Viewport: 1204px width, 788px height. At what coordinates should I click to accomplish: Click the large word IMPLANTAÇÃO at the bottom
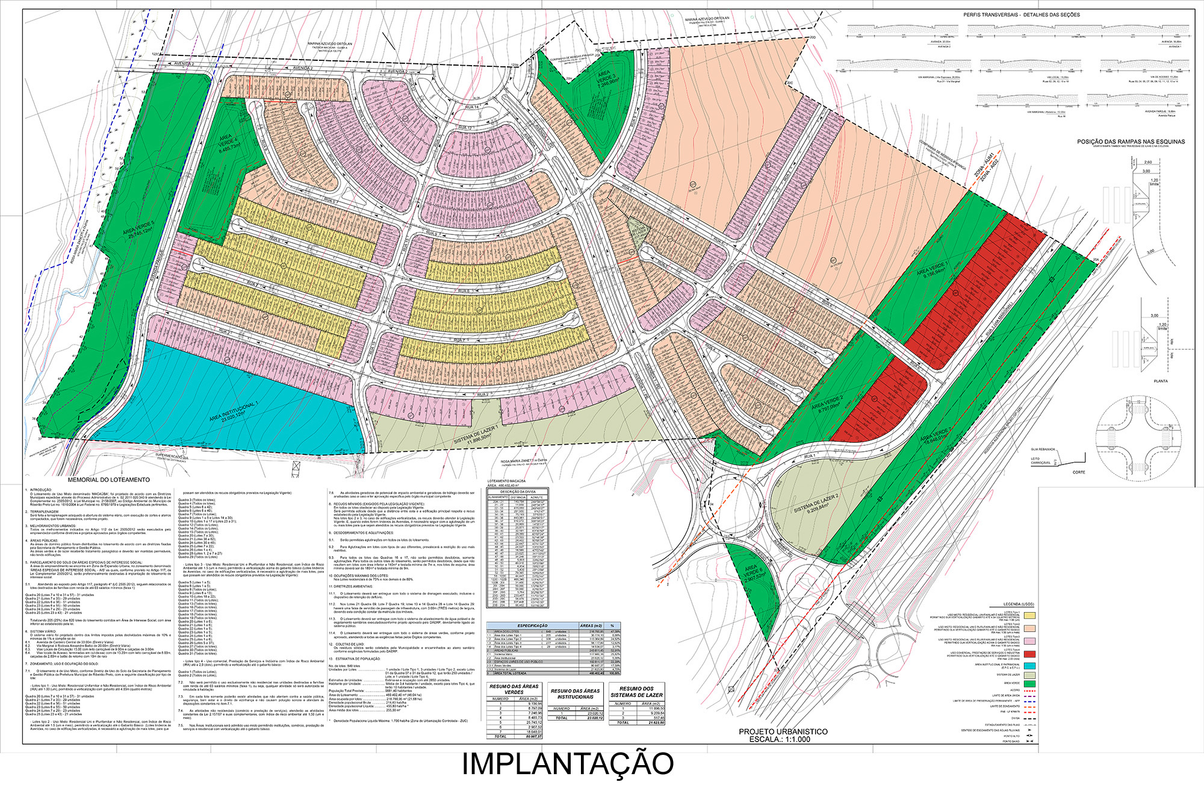point(568,763)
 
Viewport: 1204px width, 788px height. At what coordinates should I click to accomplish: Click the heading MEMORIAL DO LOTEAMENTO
point(108,480)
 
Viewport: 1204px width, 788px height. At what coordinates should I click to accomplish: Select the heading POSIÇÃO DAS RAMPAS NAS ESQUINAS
point(1131,142)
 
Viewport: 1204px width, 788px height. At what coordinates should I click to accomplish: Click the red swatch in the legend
point(1029,654)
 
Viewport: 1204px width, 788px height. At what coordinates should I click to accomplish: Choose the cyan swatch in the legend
point(1029,665)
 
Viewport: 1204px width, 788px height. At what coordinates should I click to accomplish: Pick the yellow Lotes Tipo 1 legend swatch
point(1029,616)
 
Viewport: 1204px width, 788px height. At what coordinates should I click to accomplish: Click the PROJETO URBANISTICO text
point(783,731)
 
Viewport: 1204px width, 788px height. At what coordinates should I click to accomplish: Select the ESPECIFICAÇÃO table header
point(532,626)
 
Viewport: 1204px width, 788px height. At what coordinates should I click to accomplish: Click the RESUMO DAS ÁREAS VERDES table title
point(514,690)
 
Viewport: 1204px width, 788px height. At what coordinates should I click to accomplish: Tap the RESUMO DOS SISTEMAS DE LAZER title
point(636,692)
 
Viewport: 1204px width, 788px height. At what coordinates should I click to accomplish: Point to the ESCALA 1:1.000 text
point(783,739)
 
